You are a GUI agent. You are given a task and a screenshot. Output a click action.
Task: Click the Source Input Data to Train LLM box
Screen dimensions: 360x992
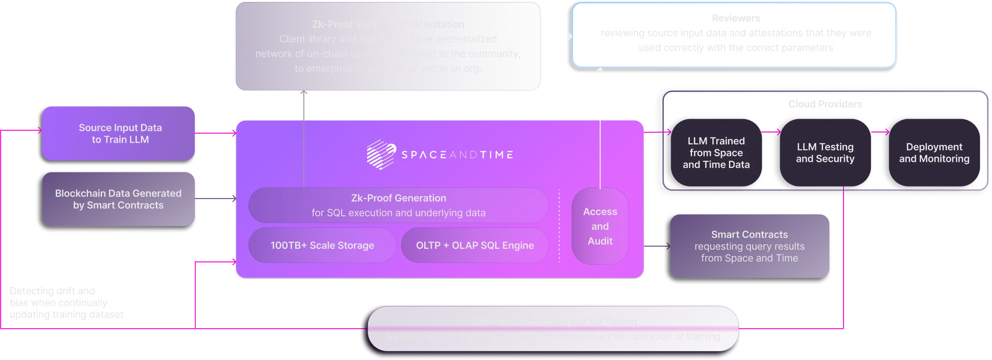click(x=119, y=133)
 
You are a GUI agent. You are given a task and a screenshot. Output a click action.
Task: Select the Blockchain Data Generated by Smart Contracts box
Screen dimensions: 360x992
click(x=118, y=199)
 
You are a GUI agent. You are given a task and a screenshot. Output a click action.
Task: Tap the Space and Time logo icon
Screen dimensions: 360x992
click(x=381, y=154)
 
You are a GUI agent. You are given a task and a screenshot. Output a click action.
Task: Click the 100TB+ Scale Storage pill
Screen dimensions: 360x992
click(x=322, y=245)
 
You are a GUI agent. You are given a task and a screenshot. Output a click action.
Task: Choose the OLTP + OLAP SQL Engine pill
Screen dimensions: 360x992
click(x=475, y=245)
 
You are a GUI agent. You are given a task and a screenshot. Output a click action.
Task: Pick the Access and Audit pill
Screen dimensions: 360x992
click(x=600, y=226)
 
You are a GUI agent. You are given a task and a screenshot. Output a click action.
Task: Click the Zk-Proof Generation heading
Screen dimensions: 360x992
click(x=398, y=198)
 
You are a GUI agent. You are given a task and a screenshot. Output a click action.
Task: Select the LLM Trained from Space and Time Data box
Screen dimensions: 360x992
click(x=716, y=153)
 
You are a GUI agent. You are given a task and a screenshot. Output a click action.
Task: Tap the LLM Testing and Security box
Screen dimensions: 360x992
click(x=825, y=153)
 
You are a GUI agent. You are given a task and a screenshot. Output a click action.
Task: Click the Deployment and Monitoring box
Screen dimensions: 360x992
click(x=934, y=153)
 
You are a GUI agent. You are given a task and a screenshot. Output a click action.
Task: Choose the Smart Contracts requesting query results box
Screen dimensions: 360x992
click(x=749, y=246)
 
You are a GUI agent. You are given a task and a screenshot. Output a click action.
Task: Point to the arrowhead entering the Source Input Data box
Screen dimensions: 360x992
click(x=39, y=130)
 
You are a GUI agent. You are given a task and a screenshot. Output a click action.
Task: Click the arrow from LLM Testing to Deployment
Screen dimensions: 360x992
click(x=880, y=132)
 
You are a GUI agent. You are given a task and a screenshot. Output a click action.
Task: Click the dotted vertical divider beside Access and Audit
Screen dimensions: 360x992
click(x=559, y=226)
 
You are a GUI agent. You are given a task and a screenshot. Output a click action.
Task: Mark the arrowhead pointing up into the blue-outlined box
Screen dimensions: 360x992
click(x=600, y=71)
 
